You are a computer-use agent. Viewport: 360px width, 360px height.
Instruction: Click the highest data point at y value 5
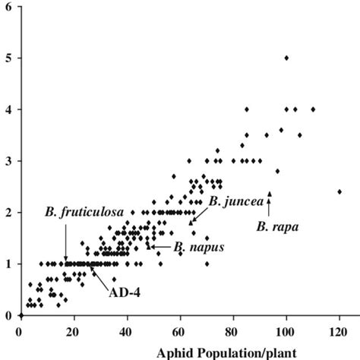[x=286, y=58]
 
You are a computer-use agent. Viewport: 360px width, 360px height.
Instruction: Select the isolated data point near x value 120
[x=339, y=191]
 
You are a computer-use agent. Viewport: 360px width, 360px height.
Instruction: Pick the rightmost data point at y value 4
[x=313, y=109]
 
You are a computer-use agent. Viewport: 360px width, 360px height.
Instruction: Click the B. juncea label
[x=235, y=201]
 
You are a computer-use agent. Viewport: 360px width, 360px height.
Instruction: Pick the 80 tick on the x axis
[x=232, y=331]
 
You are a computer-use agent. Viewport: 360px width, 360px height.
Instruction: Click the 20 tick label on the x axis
[x=72, y=331]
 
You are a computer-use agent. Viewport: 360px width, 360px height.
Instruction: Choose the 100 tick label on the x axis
[x=286, y=331]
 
